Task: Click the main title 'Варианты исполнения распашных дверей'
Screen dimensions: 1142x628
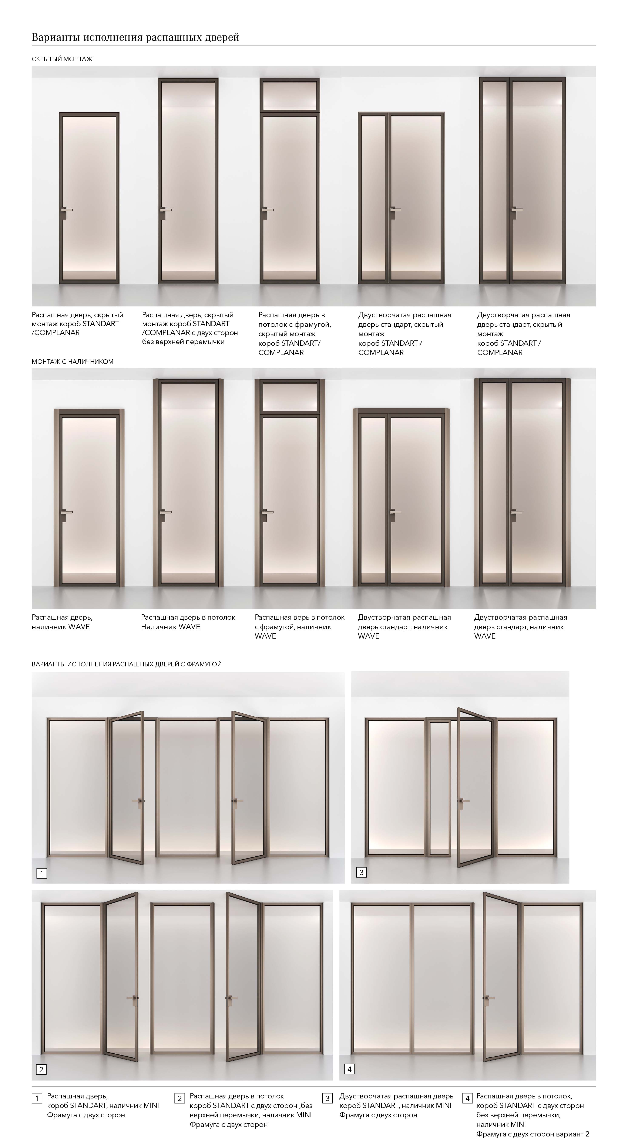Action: click(x=135, y=37)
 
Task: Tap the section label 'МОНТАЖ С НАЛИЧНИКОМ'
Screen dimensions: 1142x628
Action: click(x=72, y=362)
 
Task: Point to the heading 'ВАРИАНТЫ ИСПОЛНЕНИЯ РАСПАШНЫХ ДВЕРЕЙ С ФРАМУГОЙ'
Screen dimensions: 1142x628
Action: click(x=126, y=664)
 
